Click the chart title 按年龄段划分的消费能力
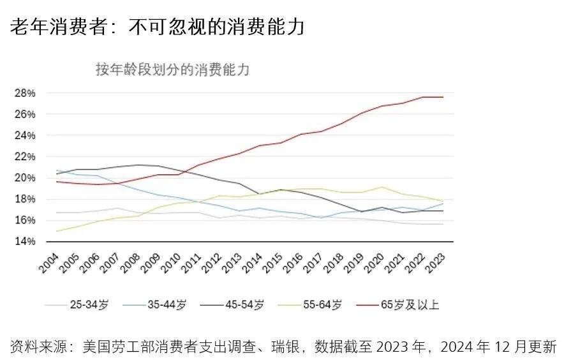click(x=172, y=70)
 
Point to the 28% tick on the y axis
click(x=25, y=93)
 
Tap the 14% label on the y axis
click(x=25, y=241)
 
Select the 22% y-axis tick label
click(x=25, y=156)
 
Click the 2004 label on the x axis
click(x=49, y=262)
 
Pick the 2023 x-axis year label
click(x=436, y=262)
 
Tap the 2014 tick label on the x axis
click(x=253, y=262)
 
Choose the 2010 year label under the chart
click(x=172, y=262)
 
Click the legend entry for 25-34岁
click(x=77, y=304)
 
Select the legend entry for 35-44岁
click(x=154, y=304)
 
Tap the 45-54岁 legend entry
click(x=232, y=304)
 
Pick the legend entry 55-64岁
click(x=310, y=304)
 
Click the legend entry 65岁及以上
click(x=398, y=304)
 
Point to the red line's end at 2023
click(x=443, y=97)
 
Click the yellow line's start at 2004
click(x=57, y=231)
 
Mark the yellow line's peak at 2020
click(x=382, y=187)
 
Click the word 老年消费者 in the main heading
click(x=59, y=27)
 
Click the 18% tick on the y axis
click(x=25, y=199)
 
